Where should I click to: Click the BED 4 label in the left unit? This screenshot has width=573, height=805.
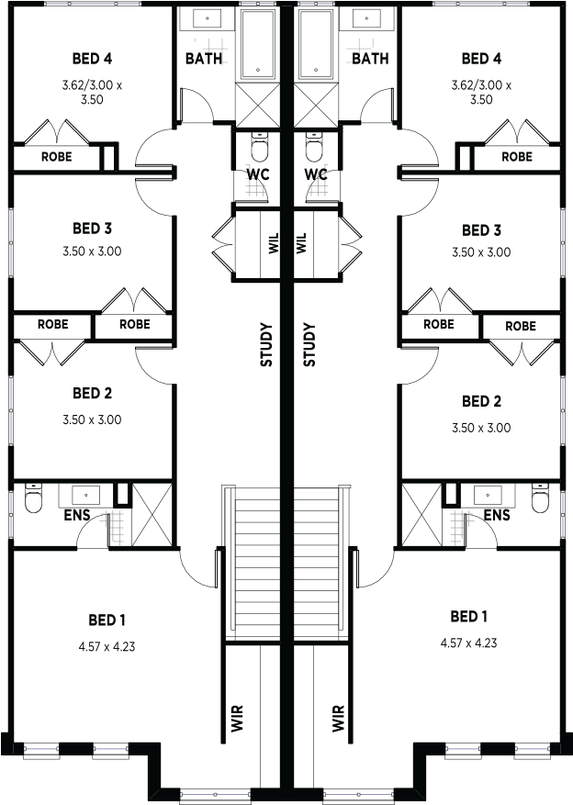click(x=92, y=59)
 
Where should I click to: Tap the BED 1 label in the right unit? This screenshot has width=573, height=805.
click(x=468, y=616)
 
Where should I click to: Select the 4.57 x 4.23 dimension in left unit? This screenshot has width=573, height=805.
click(x=107, y=646)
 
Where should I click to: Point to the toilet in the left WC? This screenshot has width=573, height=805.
click(x=260, y=146)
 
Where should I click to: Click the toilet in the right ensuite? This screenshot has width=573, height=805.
click(x=540, y=498)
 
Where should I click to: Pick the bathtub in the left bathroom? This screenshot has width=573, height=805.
click(x=258, y=44)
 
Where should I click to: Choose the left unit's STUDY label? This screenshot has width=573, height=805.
click(x=266, y=344)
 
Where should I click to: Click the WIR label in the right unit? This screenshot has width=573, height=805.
click(x=338, y=718)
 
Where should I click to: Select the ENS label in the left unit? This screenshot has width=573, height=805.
click(x=77, y=515)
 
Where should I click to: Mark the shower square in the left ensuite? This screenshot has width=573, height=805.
click(x=152, y=514)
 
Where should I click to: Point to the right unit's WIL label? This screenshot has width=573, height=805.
click(x=301, y=243)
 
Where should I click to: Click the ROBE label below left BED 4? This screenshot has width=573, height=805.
click(x=57, y=157)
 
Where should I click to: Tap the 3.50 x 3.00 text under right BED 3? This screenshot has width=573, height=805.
click(x=481, y=252)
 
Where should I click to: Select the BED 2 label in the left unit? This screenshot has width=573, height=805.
click(x=92, y=393)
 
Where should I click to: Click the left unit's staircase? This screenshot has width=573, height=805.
click(x=254, y=562)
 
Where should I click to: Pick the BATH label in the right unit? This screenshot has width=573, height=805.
click(x=370, y=59)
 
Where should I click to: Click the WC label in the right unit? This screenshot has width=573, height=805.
click(x=315, y=174)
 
